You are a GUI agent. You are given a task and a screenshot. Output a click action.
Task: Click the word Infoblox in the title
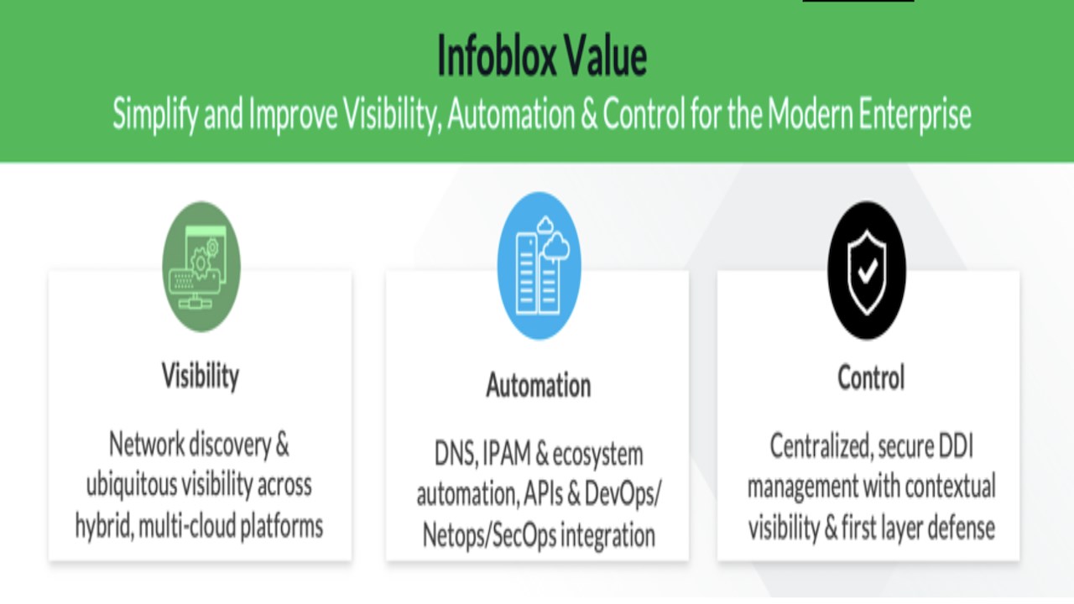[496, 56]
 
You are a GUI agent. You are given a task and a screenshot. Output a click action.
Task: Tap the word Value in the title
[606, 56]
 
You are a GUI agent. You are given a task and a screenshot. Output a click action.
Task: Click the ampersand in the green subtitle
[589, 114]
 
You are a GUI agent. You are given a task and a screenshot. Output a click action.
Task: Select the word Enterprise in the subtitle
[915, 115]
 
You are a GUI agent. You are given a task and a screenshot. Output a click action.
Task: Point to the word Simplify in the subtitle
[155, 115]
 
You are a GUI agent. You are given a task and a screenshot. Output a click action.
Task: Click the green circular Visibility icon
[201, 267]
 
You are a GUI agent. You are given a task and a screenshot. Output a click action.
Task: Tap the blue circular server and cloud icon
[539, 266]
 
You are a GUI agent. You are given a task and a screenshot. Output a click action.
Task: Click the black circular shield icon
[867, 270]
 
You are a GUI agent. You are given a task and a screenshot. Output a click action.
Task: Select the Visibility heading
[201, 376]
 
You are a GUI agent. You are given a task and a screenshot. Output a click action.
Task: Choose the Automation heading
[539, 385]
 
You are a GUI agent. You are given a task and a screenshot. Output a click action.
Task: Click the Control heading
[871, 377]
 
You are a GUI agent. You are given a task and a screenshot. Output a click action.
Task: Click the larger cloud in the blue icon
[556, 247]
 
